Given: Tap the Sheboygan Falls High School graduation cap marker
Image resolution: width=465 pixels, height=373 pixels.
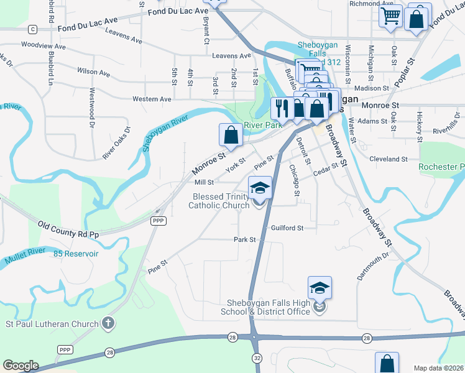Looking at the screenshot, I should coord(320,288).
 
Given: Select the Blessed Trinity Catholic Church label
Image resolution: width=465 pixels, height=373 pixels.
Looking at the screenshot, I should coord(219,201).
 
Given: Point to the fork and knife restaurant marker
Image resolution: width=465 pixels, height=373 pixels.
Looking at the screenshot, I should coord(282,108).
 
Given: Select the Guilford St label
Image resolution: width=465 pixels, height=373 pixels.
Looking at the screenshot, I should coord(287,228).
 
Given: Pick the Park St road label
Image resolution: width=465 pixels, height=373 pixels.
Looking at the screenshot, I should coord(244,239).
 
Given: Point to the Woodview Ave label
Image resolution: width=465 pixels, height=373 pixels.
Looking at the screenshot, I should coord(43,45).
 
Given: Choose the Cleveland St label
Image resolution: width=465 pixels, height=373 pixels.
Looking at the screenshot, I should coord(387,159).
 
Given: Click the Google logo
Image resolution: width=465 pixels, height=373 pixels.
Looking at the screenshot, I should coord(21,366).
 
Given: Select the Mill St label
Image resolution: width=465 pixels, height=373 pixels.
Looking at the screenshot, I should coord(204,183).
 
